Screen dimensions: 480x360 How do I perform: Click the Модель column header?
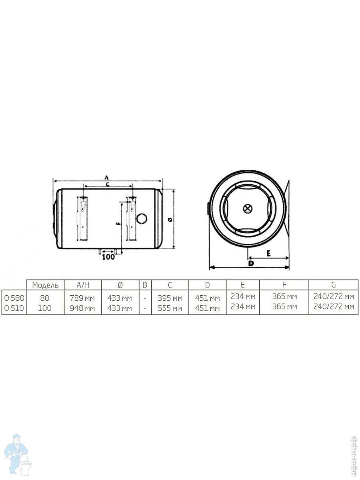pyautogui.click(x=45, y=285)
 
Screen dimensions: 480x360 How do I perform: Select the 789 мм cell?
pyautogui.click(x=82, y=298)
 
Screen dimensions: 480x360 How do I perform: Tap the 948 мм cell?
pyautogui.click(x=82, y=308)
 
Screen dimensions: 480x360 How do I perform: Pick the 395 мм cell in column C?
pyautogui.click(x=170, y=298)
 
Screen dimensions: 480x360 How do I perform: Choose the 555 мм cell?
pyautogui.click(x=170, y=308)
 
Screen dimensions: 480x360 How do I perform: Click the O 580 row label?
pyautogui.click(x=14, y=298)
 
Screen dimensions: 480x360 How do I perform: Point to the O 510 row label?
pyautogui.click(x=14, y=308)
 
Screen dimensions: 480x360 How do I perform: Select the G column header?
pyautogui.click(x=334, y=285)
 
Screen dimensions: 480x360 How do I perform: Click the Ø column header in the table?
pyautogui.click(x=120, y=285)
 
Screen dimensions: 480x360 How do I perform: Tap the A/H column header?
pyautogui.click(x=82, y=285)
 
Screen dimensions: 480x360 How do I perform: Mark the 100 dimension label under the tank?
pyautogui.click(x=108, y=257)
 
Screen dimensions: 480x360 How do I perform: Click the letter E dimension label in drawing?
pyautogui.click(x=268, y=253)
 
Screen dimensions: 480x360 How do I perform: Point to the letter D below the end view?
pyautogui.click(x=250, y=264)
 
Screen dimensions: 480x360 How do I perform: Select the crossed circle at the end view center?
pyautogui.click(x=248, y=208)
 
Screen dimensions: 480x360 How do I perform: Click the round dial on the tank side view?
pyautogui.click(x=142, y=218)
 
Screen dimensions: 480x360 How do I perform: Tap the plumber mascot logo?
pyautogui.click(x=18, y=454)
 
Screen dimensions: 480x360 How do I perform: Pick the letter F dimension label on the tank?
pyautogui.click(x=117, y=224)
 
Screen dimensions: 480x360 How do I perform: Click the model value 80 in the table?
pyautogui.click(x=45, y=298)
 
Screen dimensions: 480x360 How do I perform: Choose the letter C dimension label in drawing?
pyautogui.click(x=107, y=184)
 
